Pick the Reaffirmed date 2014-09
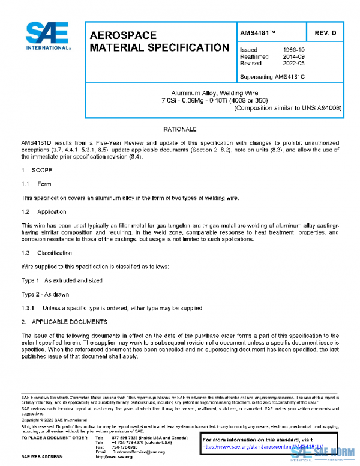[x=293, y=57]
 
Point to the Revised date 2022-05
[x=293, y=64]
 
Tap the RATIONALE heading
[x=179, y=129]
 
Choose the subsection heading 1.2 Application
[x=43, y=212]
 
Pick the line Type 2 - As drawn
[x=45, y=294]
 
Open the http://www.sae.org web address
[x=123, y=457]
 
